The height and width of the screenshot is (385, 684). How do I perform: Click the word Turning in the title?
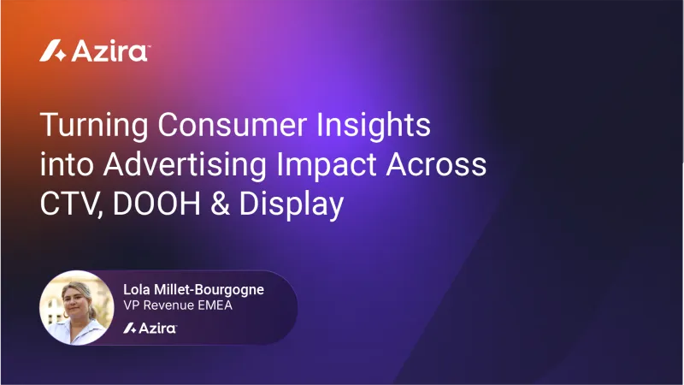[85, 126]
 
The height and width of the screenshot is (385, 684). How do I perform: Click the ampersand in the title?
[226, 204]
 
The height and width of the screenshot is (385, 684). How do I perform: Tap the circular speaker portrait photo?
[77, 307]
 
